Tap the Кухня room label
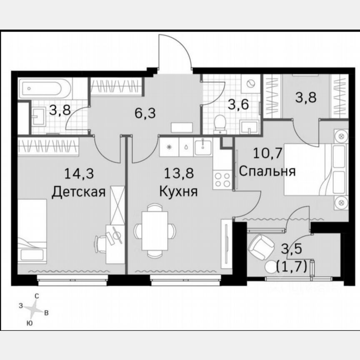click(179, 192)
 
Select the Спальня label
click(267, 171)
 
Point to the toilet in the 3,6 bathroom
click(219, 123)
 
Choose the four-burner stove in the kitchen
click(222, 179)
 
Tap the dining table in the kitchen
click(155, 230)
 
